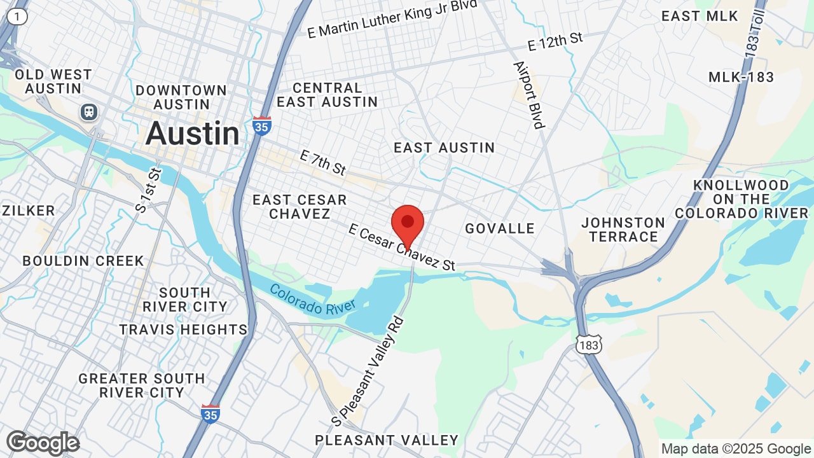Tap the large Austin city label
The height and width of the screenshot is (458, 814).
[x=193, y=134]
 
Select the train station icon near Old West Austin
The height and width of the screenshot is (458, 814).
[x=89, y=112]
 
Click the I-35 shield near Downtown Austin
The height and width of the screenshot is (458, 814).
[x=261, y=125]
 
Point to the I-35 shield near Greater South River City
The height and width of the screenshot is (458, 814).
[x=210, y=413]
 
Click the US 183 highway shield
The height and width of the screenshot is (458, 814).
[x=588, y=344]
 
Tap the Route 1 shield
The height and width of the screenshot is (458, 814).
[x=18, y=17]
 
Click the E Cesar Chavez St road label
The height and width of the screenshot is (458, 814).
[x=402, y=247]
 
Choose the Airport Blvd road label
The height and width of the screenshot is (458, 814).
[x=529, y=95]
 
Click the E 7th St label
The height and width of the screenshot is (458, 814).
[x=322, y=163]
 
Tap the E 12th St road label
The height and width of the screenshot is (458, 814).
[x=555, y=41]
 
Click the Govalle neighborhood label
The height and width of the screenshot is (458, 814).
[x=500, y=228]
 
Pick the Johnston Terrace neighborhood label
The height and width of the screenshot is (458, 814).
[x=623, y=230]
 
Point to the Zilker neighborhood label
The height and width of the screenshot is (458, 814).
[x=29, y=211]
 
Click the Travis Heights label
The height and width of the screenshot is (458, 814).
[x=183, y=330]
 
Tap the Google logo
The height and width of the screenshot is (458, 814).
[x=43, y=443]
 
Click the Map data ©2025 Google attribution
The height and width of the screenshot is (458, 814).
[x=736, y=449]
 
